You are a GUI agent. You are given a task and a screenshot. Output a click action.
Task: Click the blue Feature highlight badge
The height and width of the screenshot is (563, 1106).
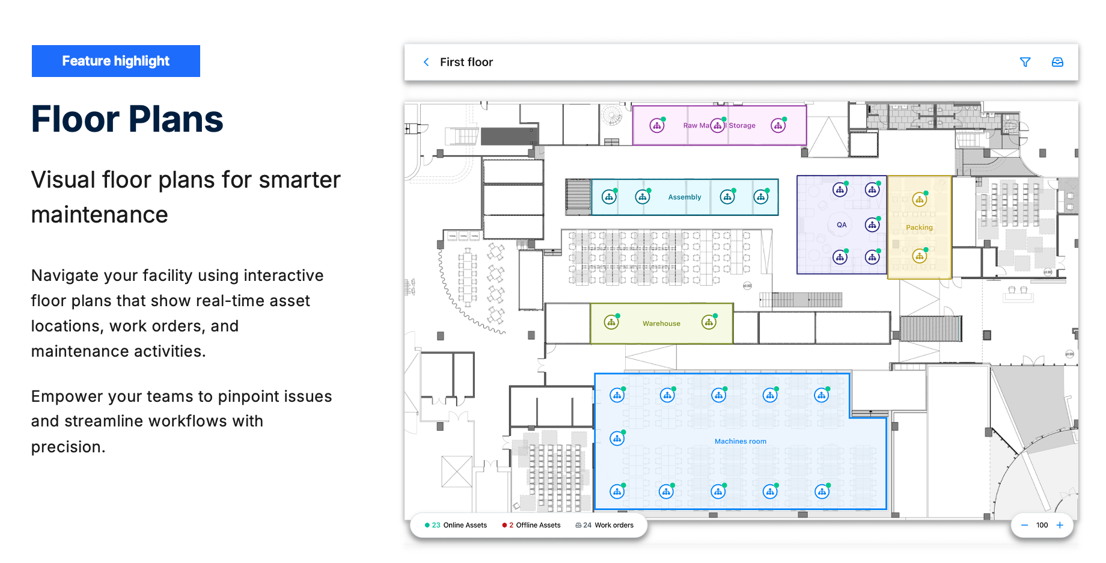(x=115, y=61)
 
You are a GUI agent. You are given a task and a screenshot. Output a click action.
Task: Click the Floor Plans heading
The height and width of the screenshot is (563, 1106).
(x=127, y=119)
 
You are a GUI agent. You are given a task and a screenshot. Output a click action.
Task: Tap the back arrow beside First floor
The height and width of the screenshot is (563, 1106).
(x=426, y=62)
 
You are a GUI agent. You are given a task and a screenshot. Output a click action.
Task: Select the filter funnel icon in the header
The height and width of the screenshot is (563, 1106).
(x=1025, y=62)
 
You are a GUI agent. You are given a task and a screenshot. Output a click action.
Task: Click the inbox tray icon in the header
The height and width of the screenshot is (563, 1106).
(x=1057, y=62)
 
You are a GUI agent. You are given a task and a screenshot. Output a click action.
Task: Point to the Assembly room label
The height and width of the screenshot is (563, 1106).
(x=684, y=197)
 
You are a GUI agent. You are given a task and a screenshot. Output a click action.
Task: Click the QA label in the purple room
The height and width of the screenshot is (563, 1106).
(x=842, y=225)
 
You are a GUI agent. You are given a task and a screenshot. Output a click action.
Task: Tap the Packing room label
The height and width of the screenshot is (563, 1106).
(x=919, y=227)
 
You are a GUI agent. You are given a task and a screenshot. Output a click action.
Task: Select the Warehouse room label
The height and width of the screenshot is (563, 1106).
(x=661, y=324)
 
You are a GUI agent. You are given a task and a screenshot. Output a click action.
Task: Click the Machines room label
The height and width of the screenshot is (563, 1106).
(x=740, y=441)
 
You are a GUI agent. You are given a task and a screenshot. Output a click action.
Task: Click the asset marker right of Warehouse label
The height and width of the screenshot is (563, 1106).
(x=709, y=322)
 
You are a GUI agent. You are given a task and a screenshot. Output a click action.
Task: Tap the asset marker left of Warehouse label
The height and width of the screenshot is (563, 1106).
(x=611, y=322)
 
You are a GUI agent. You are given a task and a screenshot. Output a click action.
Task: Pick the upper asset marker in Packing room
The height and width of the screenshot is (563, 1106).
(x=919, y=200)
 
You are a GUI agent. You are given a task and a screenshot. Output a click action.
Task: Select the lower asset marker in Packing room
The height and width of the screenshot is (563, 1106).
(x=919, y=256)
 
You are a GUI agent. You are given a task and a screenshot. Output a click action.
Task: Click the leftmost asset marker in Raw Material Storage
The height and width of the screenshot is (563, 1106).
(x=657, y=126)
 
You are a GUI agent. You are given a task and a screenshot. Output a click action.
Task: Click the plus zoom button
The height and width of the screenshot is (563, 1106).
(x=1060, y=525)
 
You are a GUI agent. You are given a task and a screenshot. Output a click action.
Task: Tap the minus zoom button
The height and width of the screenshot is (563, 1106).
(x=1024, y=525)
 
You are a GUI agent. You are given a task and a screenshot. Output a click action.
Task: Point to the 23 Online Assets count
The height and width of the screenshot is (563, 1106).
(x=456, y=525)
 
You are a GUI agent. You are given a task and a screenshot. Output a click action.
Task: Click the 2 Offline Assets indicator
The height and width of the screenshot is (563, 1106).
(x=531, y=525)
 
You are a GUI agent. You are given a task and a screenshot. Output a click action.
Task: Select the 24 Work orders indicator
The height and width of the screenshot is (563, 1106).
(x=605, y=525)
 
